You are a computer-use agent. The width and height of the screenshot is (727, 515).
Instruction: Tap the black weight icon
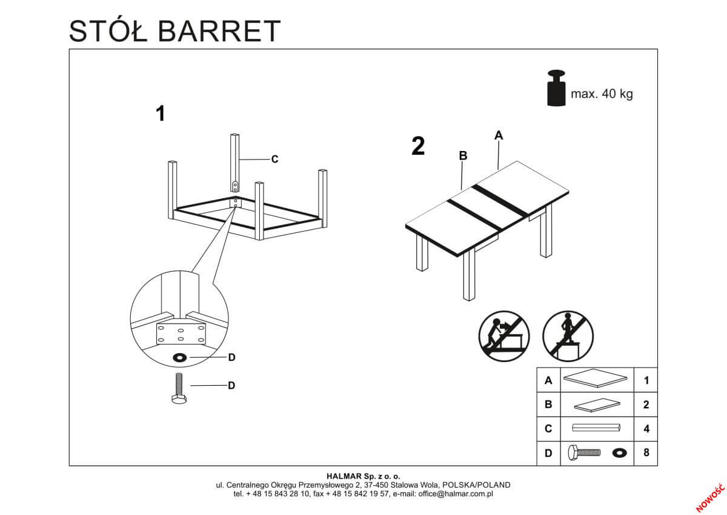[556, 89]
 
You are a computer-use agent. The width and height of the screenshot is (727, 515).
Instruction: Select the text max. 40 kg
[602, 94]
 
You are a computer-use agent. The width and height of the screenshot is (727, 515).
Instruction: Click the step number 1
[161, 113]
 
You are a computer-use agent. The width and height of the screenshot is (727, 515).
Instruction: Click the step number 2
[417, 147]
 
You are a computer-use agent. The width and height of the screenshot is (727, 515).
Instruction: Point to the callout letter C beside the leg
[274, 160]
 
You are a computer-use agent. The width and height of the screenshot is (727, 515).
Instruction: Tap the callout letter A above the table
[499, 135]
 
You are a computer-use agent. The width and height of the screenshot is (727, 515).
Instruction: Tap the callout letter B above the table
[463, 156]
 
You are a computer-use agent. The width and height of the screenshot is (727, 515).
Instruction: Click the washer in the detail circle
[180, 357]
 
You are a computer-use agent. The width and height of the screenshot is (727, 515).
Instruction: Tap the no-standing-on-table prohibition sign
[568, 335]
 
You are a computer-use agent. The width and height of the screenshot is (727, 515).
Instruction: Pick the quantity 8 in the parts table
[646, 453]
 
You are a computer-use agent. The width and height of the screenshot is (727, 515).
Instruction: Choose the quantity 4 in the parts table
[646, 428]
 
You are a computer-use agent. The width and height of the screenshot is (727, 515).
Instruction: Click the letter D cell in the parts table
[549, 453]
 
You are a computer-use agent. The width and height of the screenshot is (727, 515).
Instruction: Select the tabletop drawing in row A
[596, 380]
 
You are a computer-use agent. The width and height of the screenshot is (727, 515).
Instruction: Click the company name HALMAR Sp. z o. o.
[363, 477]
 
